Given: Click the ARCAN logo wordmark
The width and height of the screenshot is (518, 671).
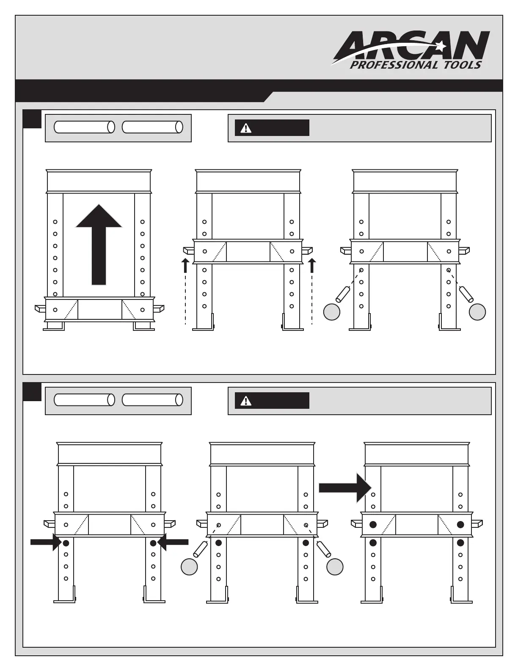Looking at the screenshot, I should (x=413, y=45).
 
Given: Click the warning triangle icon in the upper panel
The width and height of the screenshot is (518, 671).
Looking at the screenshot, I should (x=245, y=128).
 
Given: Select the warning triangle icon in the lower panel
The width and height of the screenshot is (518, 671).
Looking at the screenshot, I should (x=245, y=401).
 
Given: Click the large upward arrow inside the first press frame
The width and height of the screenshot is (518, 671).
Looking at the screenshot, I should (x=99, y=244).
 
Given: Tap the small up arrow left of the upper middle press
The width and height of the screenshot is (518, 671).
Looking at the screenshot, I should (x=185, y=265).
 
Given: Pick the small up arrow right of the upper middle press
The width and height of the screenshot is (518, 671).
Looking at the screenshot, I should (x=312, y=265).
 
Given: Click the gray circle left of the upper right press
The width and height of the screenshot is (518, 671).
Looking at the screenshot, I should (x=332, y=312).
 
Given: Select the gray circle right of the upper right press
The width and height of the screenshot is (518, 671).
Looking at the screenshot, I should (x=477, y=312).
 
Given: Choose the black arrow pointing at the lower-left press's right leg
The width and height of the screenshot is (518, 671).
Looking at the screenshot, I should (x=174, y=542).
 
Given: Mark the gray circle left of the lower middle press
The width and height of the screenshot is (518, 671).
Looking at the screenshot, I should (x=189, y=567).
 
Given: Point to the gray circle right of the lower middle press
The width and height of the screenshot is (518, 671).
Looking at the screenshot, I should (x=335, y=567).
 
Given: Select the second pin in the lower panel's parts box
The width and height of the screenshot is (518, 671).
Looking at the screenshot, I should (x=152, y=400).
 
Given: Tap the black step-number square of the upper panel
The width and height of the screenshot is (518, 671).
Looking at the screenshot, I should (x=32, y=119).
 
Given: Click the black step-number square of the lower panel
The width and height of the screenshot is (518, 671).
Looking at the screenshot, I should (x=32, y=392).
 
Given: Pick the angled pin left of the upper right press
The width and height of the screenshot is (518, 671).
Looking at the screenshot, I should (x=343, y=294).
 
